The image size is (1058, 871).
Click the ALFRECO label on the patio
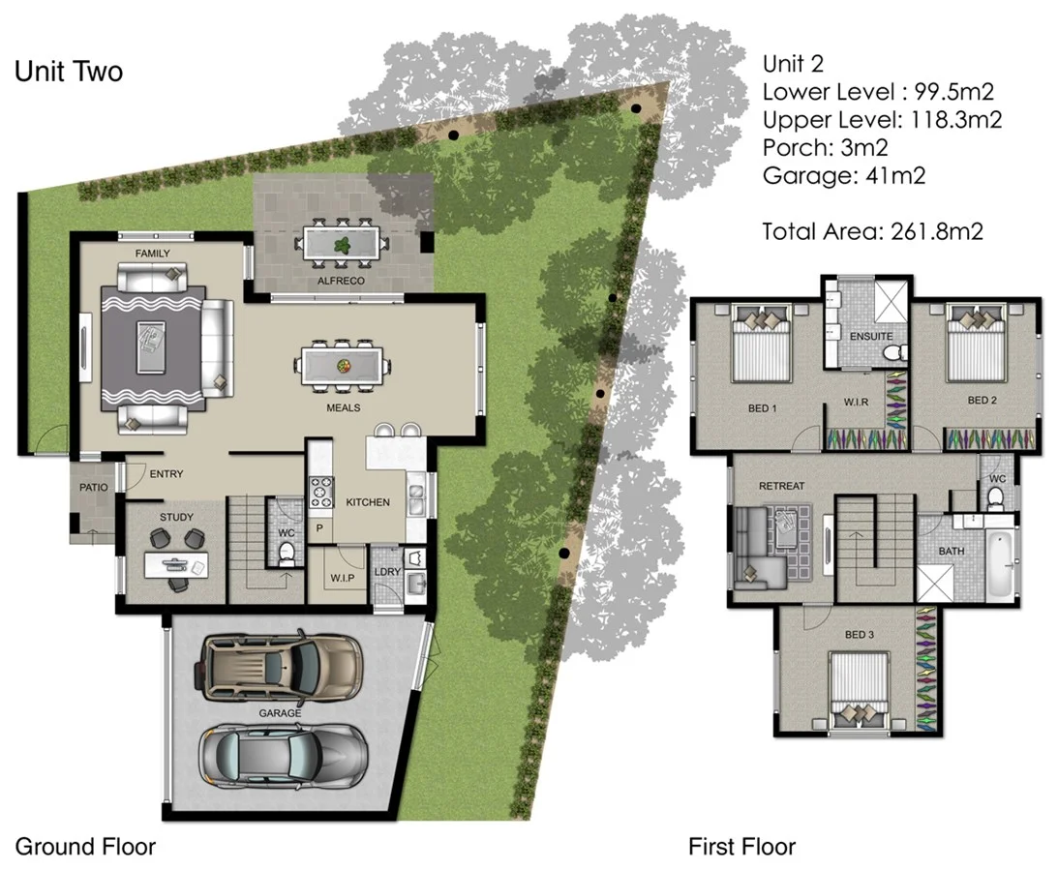(x=341, y=281)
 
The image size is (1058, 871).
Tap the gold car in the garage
(x=281, y=669)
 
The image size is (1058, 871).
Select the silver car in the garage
(x=280, y=754)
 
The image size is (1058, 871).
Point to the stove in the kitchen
(x=320, y=494)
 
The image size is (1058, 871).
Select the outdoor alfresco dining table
(x=342, y=243)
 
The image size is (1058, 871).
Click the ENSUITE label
(x=871, y=336)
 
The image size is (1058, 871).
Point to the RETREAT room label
(x=781, y=485)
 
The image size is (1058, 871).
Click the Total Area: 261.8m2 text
(x=872, y=231)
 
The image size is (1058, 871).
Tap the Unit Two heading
(x=69, y=72)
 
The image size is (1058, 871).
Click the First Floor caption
(x=741, y=847)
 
